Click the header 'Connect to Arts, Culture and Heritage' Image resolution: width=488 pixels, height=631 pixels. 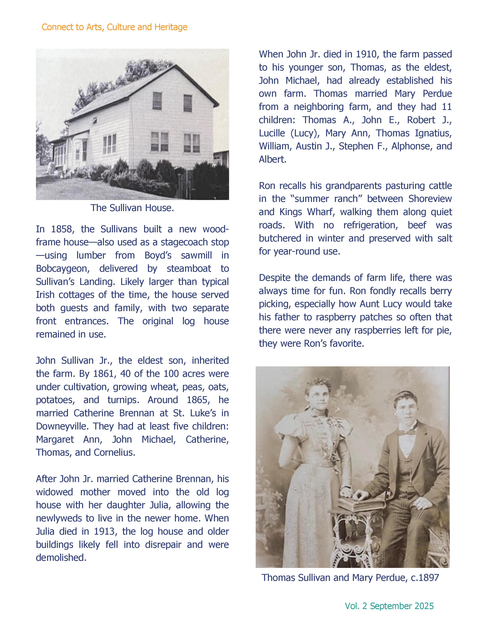coord(114,27)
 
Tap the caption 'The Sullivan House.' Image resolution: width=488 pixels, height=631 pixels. coord(132,208)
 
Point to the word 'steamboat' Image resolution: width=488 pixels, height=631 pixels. coord(189,268)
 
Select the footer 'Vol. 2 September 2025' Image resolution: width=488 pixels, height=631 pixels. coord(389,606)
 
